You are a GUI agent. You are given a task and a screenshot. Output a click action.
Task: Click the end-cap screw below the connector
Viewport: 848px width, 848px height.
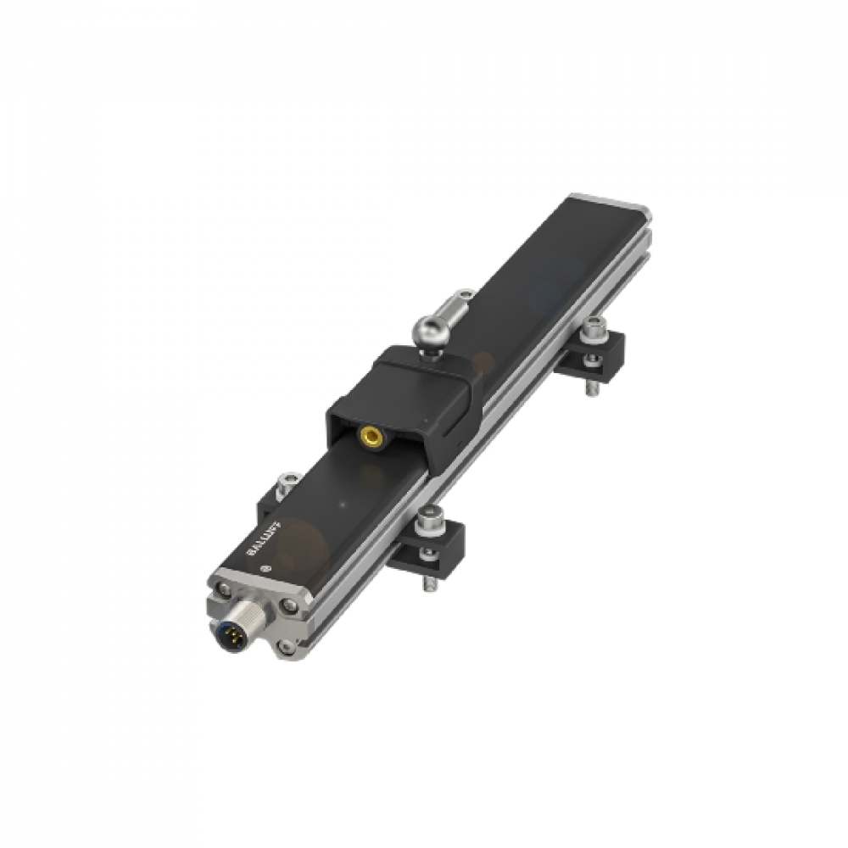287,646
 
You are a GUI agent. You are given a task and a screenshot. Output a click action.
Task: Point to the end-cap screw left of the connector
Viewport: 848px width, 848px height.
221,585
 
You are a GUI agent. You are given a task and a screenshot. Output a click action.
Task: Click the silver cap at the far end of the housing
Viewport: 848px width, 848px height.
611,203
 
